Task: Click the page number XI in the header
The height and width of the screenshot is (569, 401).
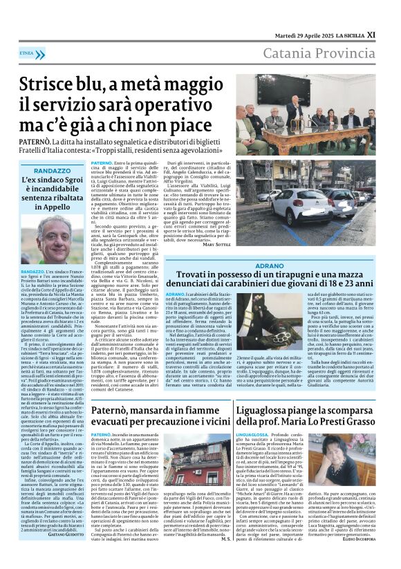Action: (x=390, y=32)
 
